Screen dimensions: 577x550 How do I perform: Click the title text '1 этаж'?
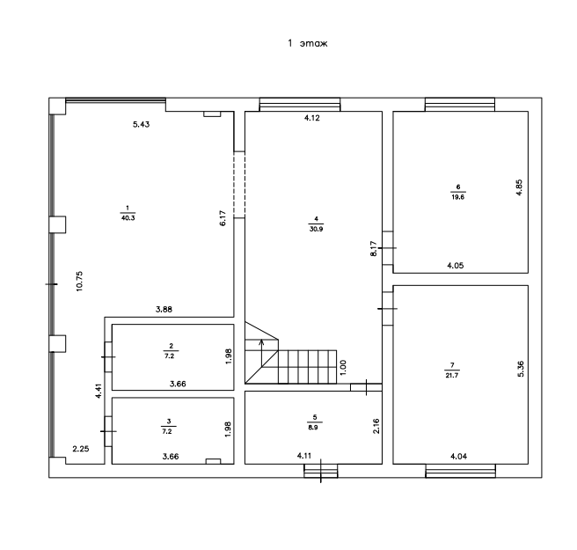pyautogui.click(x=307, y=43)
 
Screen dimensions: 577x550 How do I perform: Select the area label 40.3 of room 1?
pyautogui.click(x=128, y=218)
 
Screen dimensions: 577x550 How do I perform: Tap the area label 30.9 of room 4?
pyautogui.click(x=316, y=229)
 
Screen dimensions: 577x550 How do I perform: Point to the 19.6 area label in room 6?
pyautogui.click(x=458, y=197)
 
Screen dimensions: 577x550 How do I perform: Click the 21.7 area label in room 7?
pyautogui.click(x=452, y=376)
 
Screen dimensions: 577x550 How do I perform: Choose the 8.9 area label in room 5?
pyautogui.click(x=313, y=428)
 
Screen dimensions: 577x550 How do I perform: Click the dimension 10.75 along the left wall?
pyautogui.click(x=80, y=282)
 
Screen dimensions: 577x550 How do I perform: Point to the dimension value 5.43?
pyautogui.click(x=142, y=124)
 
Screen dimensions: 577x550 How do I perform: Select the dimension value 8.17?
pyautogui.click(x=374, y=248)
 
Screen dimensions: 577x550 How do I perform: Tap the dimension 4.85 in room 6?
pyautogui.click(x=519, y=187)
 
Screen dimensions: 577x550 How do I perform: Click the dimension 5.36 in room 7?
pyautogui.click(x=521, y=369)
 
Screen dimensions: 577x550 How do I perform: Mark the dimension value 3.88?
pyautogui.click(x=164, y=309)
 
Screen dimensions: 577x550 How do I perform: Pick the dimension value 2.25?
pyautogui.click(x=81, y=449)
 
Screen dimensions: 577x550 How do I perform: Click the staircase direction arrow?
pyautogui.click(x=261, y=353)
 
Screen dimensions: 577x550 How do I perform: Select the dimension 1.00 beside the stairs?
pyautogui.click(x=343, y=368)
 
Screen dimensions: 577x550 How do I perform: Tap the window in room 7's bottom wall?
pyautogui.click(x=460, y=471)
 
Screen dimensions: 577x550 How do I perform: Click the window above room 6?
pyautogui.click(x=460, y=105)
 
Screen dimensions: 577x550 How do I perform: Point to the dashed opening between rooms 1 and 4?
pyautogui.click(x=239, y=185)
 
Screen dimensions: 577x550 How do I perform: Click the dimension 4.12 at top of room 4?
pyautogui.click(x=312, y=118)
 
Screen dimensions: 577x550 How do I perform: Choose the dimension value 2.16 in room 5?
pyautogui.click(x=376, y=426)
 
